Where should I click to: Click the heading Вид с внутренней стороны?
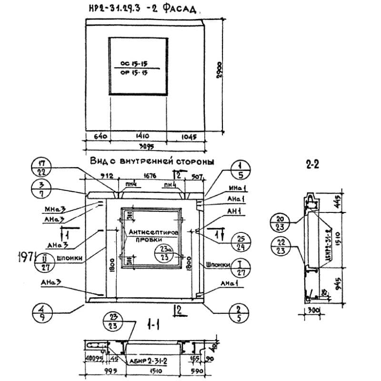(151, 161)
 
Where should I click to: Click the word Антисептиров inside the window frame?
(153, 232)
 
